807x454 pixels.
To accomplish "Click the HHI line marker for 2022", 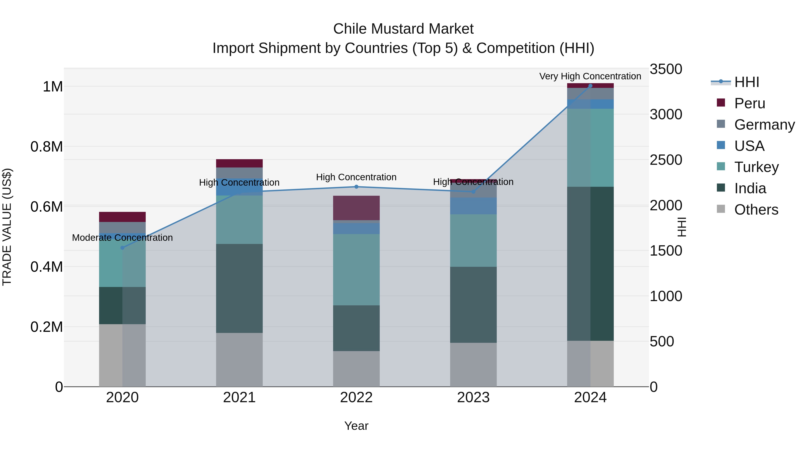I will click(356, 187).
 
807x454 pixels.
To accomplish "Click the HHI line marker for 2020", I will click(122, 248).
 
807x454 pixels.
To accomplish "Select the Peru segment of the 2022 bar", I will click(356, 208).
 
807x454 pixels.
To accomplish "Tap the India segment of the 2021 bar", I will click(239, 288).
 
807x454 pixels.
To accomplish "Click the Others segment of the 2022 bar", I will click(356, 369).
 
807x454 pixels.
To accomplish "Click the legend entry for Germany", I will click(764, 125).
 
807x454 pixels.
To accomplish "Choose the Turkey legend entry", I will click(756, 167).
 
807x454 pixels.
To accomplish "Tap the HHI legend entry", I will click(746, 82).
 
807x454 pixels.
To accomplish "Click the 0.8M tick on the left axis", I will click(47, 147).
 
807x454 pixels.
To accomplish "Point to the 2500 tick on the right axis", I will click(666, 160).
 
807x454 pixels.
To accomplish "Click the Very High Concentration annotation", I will click(590, 76).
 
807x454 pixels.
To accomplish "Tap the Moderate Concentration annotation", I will click(122, 237).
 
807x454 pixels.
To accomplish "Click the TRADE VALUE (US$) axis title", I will click(7, 227).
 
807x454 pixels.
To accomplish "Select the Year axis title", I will click(356, 426).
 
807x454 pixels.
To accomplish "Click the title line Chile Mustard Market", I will click(403, 29).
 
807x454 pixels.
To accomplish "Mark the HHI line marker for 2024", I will click(590, 86).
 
